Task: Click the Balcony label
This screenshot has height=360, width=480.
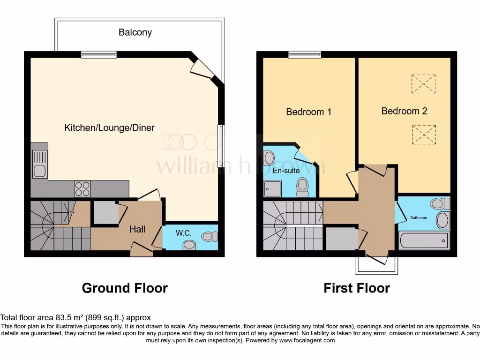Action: coord(135,32)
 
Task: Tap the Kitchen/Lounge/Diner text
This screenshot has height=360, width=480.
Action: coord(109,127)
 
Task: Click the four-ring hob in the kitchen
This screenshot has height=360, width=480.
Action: coord(82,189)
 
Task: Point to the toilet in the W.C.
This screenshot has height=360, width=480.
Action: coord(210,237)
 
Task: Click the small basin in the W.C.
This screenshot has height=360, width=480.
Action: coord(189,245)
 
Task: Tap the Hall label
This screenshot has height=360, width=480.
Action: coord(137,229)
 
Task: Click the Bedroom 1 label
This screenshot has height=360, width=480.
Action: coord(308,112)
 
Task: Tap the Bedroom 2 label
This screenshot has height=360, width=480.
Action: coord(404,111)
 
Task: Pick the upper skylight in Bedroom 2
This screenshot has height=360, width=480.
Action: coord(423,83)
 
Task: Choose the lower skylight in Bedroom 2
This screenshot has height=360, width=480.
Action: coord(424,135)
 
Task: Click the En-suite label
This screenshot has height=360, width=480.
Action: coord(286,171)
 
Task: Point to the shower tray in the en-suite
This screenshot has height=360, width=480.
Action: coord(272,188)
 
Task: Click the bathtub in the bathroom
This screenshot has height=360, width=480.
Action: coord(423,241)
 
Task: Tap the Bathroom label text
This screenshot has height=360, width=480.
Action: coord(419,217)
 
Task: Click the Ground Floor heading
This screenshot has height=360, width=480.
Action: coord(125,288)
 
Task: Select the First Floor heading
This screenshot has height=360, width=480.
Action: coord(356,288)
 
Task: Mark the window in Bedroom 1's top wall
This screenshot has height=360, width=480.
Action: coord(305,55)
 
